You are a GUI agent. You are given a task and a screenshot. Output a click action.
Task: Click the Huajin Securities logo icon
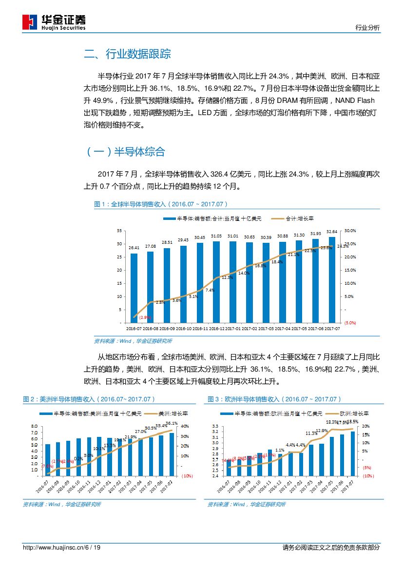pos(30,22)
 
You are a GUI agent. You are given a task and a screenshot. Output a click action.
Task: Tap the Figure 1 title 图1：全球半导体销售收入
pos(161,204)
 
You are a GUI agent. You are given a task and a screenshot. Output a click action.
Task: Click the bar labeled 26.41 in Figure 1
pos(134,288)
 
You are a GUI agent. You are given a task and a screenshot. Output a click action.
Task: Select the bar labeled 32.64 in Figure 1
pos(331,279)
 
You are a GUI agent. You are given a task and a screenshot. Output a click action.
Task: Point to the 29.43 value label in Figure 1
pos(183,240)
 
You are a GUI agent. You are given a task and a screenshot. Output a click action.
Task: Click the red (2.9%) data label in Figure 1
pos(145,317)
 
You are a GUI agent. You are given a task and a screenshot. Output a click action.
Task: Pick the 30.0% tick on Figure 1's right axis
pos(350,231)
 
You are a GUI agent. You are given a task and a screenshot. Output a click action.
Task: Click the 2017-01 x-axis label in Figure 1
pos(232,329)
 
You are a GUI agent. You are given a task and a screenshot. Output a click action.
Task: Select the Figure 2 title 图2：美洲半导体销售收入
pos(89,399)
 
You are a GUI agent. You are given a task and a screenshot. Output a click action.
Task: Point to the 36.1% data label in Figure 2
pos(172,423)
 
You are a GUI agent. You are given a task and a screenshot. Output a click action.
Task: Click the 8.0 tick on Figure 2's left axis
pos(34,426)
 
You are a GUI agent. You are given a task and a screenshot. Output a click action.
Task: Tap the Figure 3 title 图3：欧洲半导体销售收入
pos(274,399)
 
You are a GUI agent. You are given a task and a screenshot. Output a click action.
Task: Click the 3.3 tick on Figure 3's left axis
pos(215,426)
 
